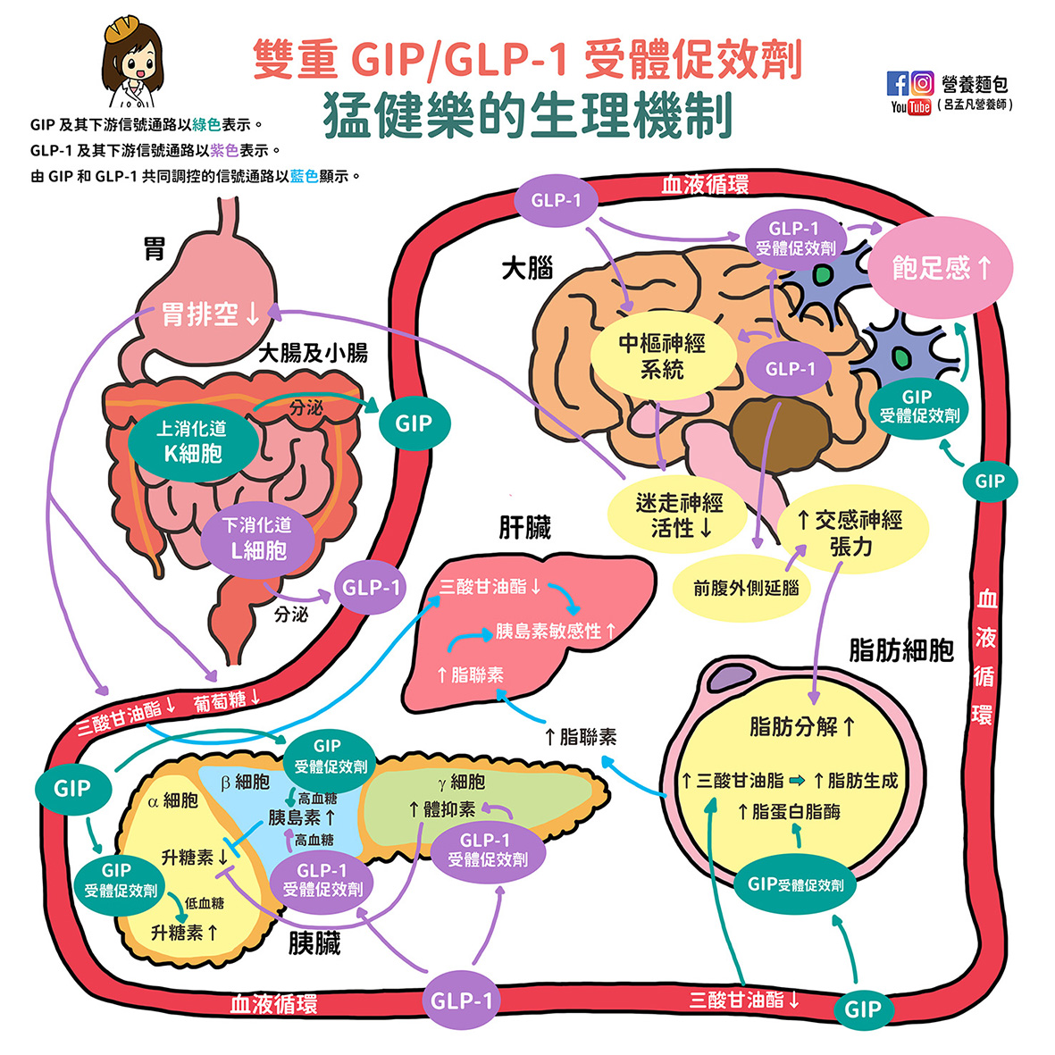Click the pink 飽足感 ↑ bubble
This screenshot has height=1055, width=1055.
click(x=941, y=268)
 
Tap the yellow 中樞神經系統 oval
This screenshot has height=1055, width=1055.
click(x=663, y=356)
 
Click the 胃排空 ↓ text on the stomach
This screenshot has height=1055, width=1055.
click(x=211, y=314)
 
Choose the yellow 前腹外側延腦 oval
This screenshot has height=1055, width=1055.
click(x=746, y=589)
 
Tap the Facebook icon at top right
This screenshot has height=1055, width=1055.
click(x=897, y=84)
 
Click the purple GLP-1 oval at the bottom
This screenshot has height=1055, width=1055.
click(x=461, y=1001)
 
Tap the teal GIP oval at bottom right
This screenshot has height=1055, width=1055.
click(x=863, y=1009)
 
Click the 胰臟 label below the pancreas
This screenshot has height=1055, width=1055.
click(x=314, y=943)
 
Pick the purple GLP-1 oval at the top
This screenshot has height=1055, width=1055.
click(x=556, y=200)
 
